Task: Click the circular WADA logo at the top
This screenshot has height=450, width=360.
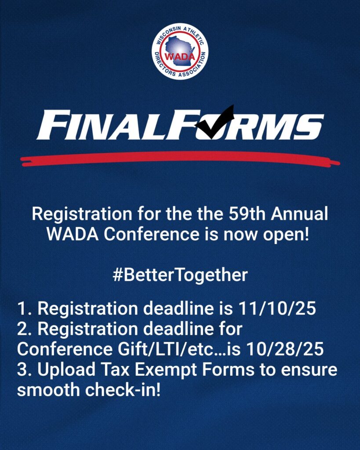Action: (180, 51)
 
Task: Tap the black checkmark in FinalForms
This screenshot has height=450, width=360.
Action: (215, 122)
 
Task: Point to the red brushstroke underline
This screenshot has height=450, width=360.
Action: (180, 159)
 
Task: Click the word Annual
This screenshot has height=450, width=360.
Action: (299, 214)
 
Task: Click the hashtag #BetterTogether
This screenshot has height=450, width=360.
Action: (180, 275)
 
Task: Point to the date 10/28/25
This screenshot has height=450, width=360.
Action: (285, 349)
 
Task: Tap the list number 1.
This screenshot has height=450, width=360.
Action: (23, 308)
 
